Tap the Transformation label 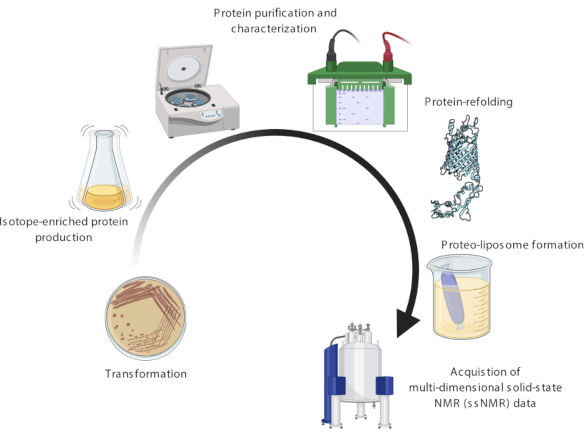[146, 374]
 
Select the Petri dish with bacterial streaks [145, 318]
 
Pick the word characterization [274, 29]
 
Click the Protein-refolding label [468, 102]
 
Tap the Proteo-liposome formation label [512, 245]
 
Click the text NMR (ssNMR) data [485, 403]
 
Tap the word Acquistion [470, 372]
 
